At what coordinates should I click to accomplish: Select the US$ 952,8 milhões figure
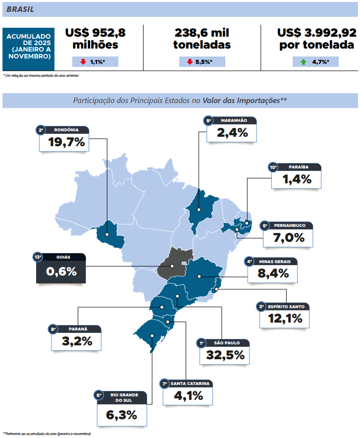tap(95, 39)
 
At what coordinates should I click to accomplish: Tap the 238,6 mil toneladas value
tap(202, 39)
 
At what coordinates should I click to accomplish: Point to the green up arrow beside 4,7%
tap(303, 62)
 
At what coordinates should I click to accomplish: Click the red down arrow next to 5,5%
tap(190, 62)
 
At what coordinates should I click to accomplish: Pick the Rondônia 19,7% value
tap(67, 143)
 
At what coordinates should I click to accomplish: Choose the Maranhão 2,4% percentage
tap(233, 133)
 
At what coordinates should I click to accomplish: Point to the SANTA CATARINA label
tap(190, 384)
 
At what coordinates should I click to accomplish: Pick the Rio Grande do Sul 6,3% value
tap(122, 415)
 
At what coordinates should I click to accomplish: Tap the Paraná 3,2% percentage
tap(77, 341)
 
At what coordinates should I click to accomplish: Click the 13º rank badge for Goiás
tap(38, 257)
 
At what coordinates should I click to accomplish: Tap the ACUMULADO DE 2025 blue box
tap(29, 46)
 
